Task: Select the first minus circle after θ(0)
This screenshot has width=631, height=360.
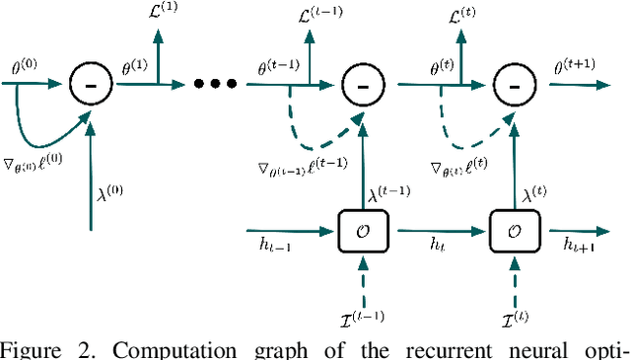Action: click(x=89, y=85)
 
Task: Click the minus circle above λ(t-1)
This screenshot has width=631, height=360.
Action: click(x=363, y=85)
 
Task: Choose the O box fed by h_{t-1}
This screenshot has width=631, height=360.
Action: click(x=363, y=233)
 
